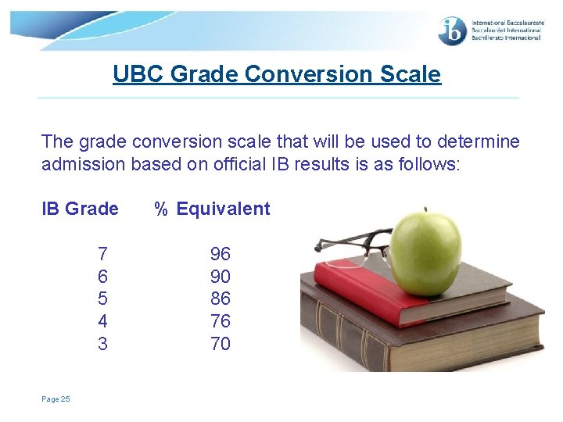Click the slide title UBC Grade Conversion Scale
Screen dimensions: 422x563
click(277, 74)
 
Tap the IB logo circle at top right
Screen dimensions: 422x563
click(453, 30)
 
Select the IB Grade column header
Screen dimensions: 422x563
click(80, 209)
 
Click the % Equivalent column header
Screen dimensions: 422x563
click(212, 209)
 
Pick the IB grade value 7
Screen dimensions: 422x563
click(102, 254)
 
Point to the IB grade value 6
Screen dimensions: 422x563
click(102, 277)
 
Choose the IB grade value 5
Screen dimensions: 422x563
click(102, 299)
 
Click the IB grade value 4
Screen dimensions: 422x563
click(102, 321)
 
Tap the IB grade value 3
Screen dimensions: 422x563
click(102, 344)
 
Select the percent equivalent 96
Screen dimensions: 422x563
click(221, 254)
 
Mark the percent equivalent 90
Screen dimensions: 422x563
click(221, 277)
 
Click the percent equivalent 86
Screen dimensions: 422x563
click(221, 299)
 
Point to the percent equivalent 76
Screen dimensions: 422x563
click(221, 321)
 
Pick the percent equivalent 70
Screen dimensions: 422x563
click(221, 344)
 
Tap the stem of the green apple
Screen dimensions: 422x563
click(425, 209)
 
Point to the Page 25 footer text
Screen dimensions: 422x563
click(56, 399)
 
